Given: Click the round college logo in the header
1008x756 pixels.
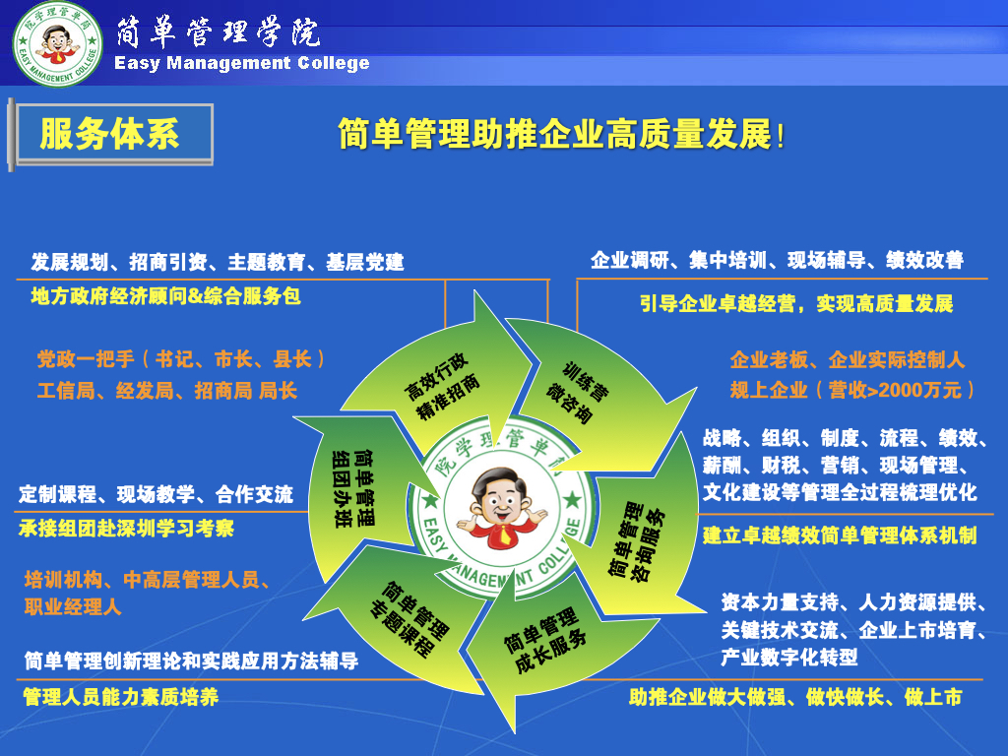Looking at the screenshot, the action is (x=58, y=43).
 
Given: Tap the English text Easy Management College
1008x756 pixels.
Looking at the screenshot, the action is (x=242, y=63).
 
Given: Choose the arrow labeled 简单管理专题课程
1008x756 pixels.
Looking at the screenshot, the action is (x=405, y=617).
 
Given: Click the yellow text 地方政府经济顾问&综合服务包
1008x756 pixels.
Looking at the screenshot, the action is (x=165, y=296).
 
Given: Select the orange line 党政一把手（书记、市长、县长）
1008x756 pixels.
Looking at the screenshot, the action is (x=181, y=358).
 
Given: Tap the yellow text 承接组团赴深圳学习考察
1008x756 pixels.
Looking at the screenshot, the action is (x=126, y=529).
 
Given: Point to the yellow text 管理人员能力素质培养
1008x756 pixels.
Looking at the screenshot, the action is (x=121, y=697).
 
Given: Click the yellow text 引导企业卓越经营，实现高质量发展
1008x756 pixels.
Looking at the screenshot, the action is (x=796, y=303).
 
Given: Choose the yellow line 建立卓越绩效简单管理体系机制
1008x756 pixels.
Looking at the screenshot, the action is (x=840, y=535).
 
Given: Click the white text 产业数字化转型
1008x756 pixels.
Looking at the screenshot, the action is (x=789, y=657).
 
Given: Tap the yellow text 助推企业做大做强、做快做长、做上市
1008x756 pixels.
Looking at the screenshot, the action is (x=795, y=697).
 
